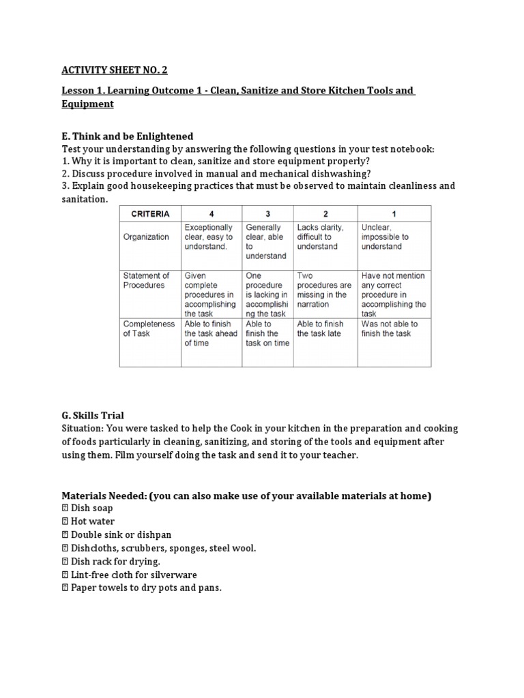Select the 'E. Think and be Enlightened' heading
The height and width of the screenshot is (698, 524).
point(128,136)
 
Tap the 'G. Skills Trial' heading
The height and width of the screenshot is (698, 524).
point(93,415)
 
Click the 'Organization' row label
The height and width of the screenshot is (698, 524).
point(146,237)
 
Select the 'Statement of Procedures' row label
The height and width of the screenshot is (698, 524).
point(146,280)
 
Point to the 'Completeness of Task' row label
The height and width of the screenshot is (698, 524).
point(148,329)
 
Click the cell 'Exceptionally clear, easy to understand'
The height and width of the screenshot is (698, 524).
point(209,237)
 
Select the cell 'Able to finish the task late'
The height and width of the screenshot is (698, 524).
point(320,329)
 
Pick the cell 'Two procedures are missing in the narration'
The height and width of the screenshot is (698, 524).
point(324,290)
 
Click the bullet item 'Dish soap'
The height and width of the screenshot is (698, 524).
point(91,509)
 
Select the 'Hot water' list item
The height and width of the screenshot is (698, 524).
point(92,521)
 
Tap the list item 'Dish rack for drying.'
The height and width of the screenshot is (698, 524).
point(115,562)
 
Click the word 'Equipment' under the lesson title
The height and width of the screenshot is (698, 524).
point(87,104)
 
